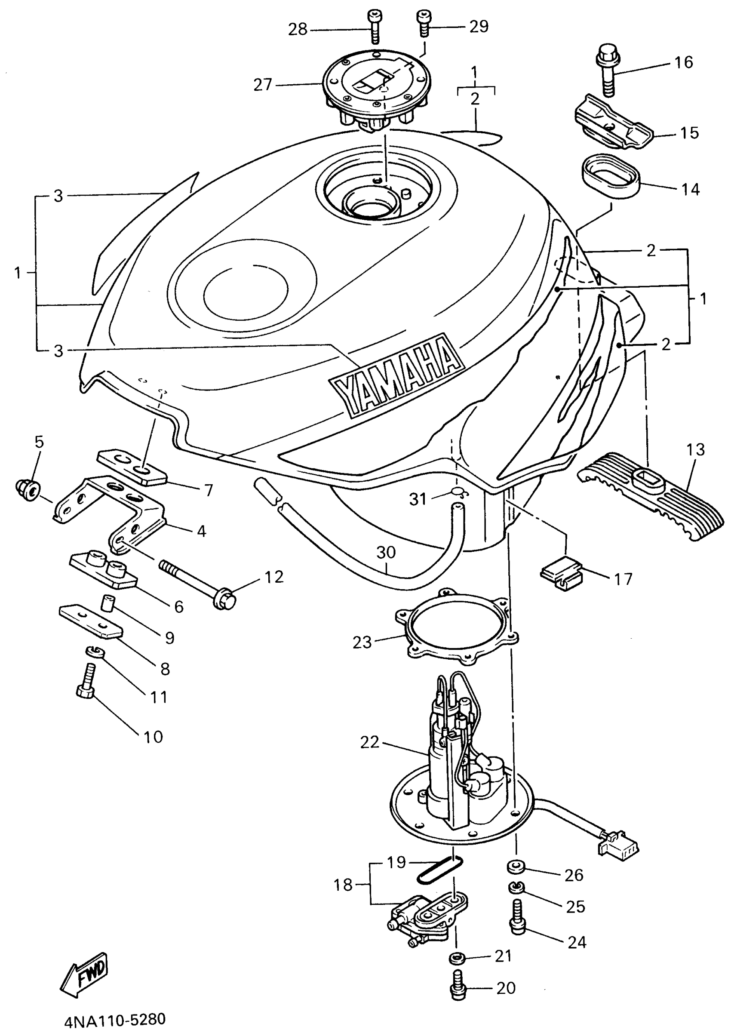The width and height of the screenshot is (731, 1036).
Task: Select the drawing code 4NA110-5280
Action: click(x=115, y=1019)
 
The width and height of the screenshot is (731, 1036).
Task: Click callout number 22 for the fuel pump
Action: click(x=369, y=742)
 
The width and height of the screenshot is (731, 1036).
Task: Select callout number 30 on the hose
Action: click(x=386, y=552)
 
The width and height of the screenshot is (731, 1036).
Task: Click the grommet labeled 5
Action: click(x=28, y=490)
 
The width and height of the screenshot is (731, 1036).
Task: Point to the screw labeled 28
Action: click(x=375, y=27)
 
